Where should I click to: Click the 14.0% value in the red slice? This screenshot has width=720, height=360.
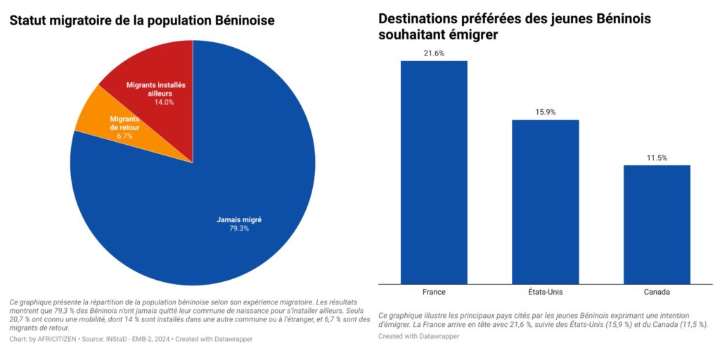click(164, 102)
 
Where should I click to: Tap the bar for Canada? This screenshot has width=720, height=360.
click(657, 224)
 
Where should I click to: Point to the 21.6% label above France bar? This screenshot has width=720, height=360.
click(434, 53)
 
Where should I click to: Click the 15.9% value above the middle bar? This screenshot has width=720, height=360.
click(545, 112)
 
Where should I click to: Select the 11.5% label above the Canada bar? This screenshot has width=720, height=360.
click(657, 157)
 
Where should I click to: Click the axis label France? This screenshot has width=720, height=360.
click(434, 292)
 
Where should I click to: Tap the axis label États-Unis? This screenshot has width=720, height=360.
click(545, 292)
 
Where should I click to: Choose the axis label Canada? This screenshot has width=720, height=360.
click(657, 292)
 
